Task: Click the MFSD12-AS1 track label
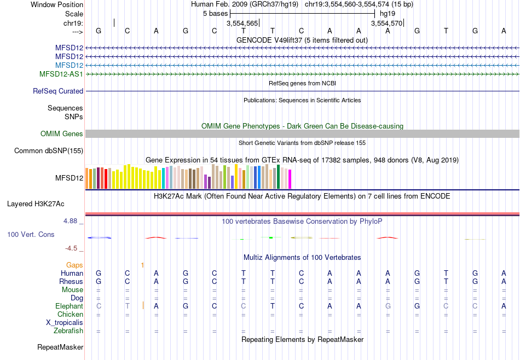(x=61, y=74)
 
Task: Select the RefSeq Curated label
(x=58, y=91)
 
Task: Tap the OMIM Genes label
(x=62, y=134)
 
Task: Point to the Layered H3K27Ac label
(x=36, y=204)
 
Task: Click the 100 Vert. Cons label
(x=31, y=235)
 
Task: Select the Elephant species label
(x=69, y=306)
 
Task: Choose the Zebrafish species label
(x=68, y=331)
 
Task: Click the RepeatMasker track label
(x=60, y=347)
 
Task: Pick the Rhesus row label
(x=71, y=282)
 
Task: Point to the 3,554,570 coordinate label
(x=387, y=24)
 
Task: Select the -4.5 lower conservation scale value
(x=71, y=248)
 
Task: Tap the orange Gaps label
(x=74, y=265)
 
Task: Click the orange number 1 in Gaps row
(x=142, y=265)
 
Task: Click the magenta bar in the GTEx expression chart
(x=290, y=180)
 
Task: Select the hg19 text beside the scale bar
(x=387, y=13)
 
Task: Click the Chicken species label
(x=71, y=315)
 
